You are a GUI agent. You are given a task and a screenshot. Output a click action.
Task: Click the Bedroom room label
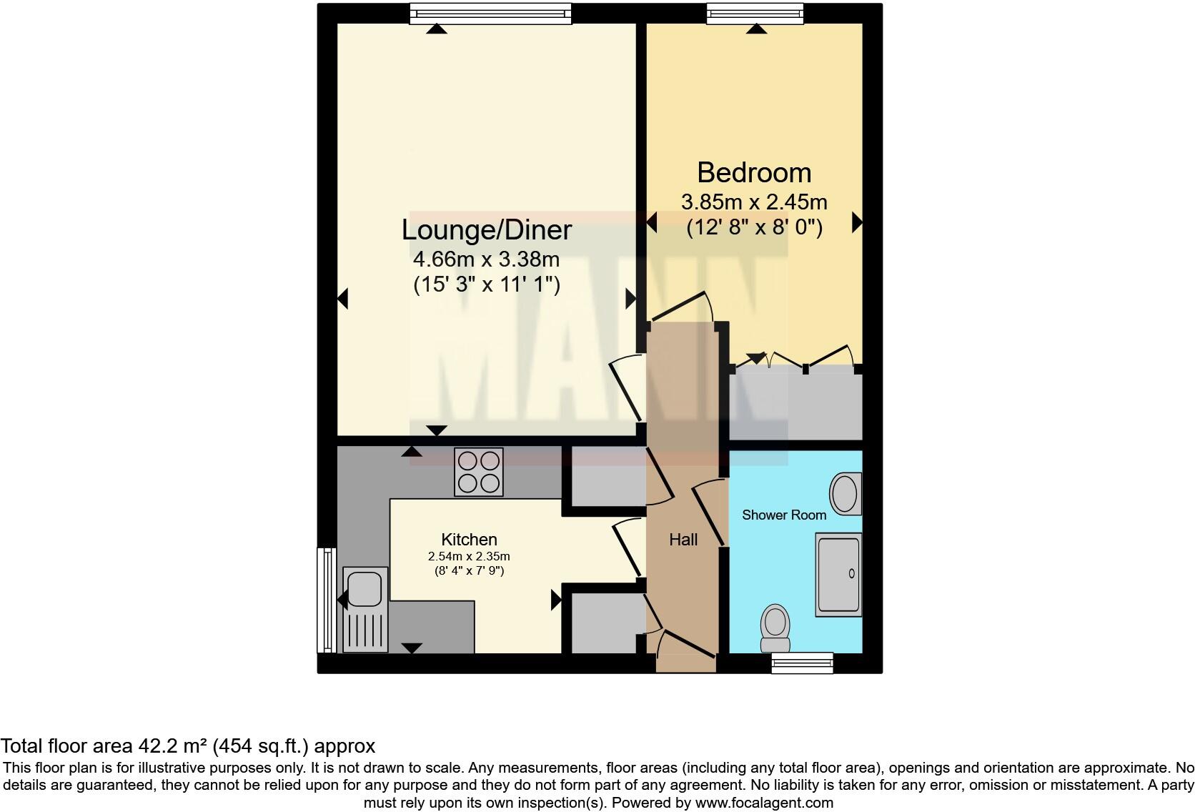[x=754, y=173]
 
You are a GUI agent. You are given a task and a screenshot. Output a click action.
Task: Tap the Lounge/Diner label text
[x=486, y=230]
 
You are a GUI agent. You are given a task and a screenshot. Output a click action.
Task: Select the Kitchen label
[x=469, y=540]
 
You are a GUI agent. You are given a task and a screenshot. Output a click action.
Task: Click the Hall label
[x=683, y=540]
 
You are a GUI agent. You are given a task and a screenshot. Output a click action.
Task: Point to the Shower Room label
[x=783, y=515]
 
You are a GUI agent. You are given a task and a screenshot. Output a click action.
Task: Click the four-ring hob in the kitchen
[x=478, y=472]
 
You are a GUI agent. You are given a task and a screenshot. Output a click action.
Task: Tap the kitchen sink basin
[x=365, y=588]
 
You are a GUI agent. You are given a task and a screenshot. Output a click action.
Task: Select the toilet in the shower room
[x=775, y=625]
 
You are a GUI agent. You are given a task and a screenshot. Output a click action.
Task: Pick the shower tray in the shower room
[x=838, y=574]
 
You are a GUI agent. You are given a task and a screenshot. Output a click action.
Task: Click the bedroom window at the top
[x=755, y=14]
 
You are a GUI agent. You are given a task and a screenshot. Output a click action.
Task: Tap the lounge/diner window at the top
[x=491, y=14]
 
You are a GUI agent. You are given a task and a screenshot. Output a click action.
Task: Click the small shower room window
[x=802, y=663]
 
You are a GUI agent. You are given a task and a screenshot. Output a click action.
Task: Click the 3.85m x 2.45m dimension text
[x=754, y=202]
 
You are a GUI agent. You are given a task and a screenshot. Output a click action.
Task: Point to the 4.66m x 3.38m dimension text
[x=486, y=259]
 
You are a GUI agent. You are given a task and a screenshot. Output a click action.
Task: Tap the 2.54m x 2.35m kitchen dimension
[x=469, y=556]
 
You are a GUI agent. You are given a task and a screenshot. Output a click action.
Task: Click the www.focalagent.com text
[x=763, y=803]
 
